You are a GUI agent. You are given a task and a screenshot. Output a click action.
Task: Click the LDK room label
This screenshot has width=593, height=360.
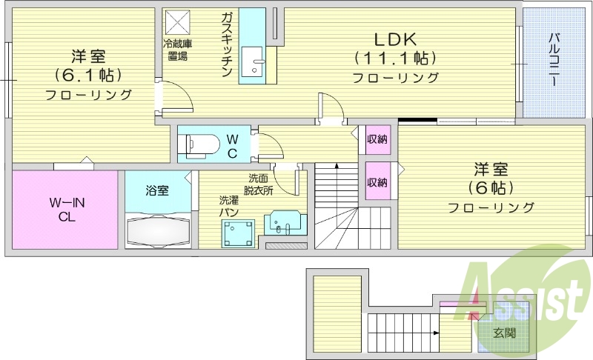click(x=396, y=39)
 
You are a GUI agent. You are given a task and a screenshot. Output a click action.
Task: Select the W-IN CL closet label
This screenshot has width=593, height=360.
click(x=64, y=210)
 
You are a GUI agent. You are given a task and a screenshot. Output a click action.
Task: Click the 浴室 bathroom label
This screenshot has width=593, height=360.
click(x=157, y=190)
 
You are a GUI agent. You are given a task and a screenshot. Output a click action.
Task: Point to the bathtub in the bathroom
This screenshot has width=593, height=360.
click(x=159, y=231)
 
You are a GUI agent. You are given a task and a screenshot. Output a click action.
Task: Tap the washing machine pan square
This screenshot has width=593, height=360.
click(x=238, y=232)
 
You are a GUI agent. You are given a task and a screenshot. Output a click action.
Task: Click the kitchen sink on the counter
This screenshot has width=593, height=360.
click(x=256, y=60)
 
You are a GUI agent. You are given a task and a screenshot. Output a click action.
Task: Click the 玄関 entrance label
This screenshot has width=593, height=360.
click(x=506, y=333)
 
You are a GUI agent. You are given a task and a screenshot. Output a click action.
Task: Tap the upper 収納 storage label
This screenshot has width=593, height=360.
click(x=377, y=139)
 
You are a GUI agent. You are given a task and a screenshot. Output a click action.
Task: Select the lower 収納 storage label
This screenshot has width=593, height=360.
click(x=377, y=183)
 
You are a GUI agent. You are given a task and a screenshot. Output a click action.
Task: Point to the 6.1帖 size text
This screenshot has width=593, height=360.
click(x=88, y=75)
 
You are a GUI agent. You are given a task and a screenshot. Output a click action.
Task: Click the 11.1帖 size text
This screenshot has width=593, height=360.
click(x=395, y=58)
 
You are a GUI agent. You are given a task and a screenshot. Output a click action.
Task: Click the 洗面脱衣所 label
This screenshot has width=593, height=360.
click(x=260, y=184)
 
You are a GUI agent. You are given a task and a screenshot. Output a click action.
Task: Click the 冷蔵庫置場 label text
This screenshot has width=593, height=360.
click(x=177, y=49)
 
